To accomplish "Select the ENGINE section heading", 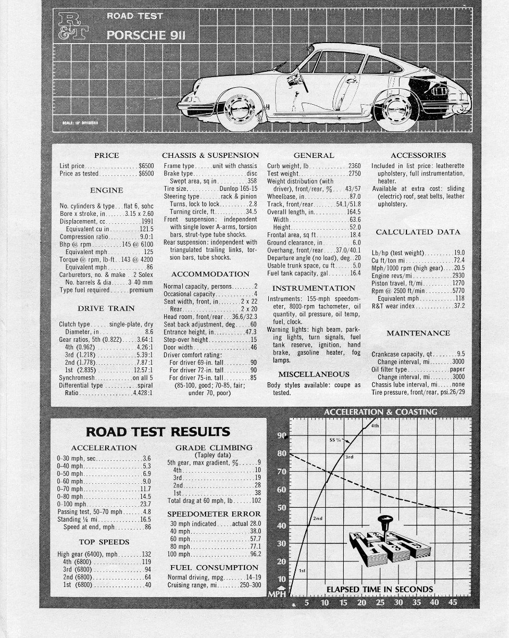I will (x=106, y=190).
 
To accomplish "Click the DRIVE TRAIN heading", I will (x=106, y=308).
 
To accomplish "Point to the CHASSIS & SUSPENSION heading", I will (x=210, y=155).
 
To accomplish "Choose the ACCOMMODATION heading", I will (x=210, y=274).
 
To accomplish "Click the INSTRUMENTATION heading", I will (x=313, y=288).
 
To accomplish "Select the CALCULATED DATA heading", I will (x=418, y=232).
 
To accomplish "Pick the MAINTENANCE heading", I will (x=418, y=333).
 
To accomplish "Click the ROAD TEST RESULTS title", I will (x=158, y=431).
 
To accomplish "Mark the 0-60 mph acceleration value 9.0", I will (x=147, y=482).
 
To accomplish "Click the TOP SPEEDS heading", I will (x=104, y=542).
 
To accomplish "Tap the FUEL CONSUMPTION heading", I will (x=214, y=567).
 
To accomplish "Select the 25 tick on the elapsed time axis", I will (x=380, y=603).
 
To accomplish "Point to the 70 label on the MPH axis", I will (x=282, y=472).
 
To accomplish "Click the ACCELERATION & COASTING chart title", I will (x=380, y=412).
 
